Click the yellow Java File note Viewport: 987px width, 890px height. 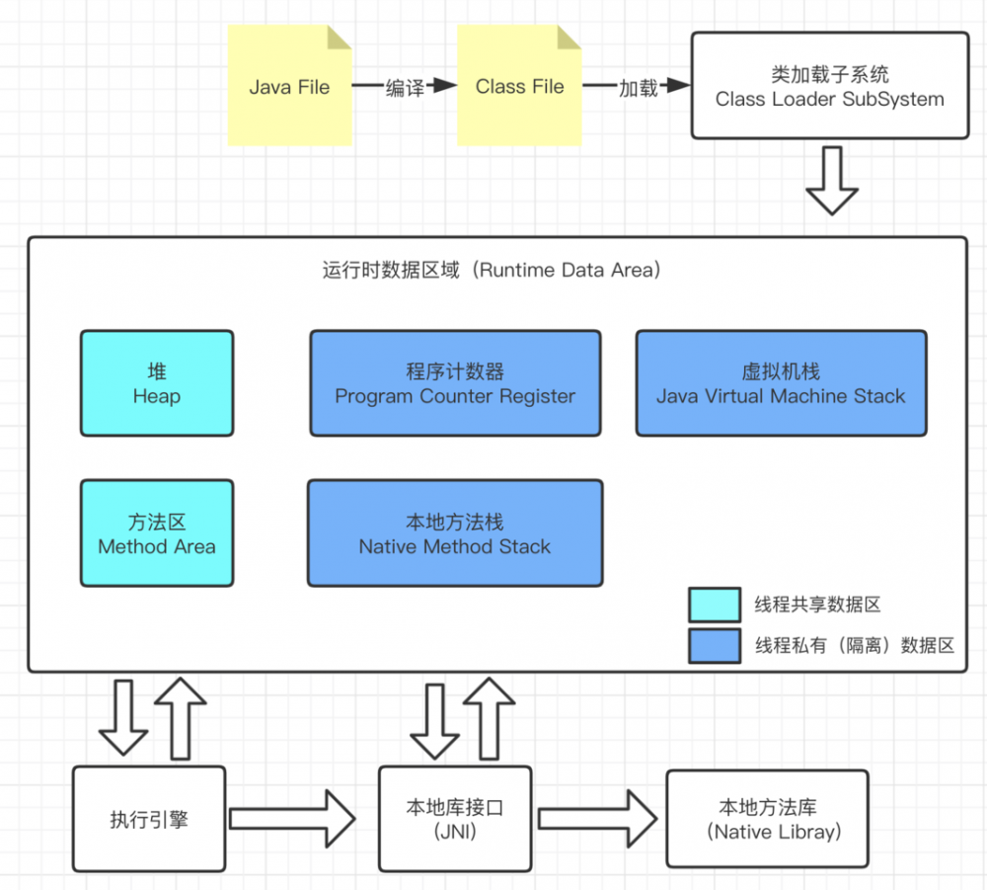[289, 87]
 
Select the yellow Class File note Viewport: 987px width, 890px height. [519, 87]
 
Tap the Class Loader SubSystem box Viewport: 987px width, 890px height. [829, 87]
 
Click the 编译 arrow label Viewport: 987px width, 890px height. [405, 88]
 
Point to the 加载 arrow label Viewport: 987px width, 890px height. [638, 88]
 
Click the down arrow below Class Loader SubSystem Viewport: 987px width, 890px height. [832, 180]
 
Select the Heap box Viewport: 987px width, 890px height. [157, 383]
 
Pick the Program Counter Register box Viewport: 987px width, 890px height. [455, 383]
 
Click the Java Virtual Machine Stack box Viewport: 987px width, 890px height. [781, 383]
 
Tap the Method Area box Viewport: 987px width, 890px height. [157, 533]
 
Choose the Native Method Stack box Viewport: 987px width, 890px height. [455, 533]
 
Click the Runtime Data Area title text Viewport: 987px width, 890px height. [491, 270]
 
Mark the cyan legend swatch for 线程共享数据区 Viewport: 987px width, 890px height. [715, 605]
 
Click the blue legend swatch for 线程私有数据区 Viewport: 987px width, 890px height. [715, 645]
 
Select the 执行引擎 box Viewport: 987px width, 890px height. [149, 819]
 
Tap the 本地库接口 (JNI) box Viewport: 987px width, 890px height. [455, 819]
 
